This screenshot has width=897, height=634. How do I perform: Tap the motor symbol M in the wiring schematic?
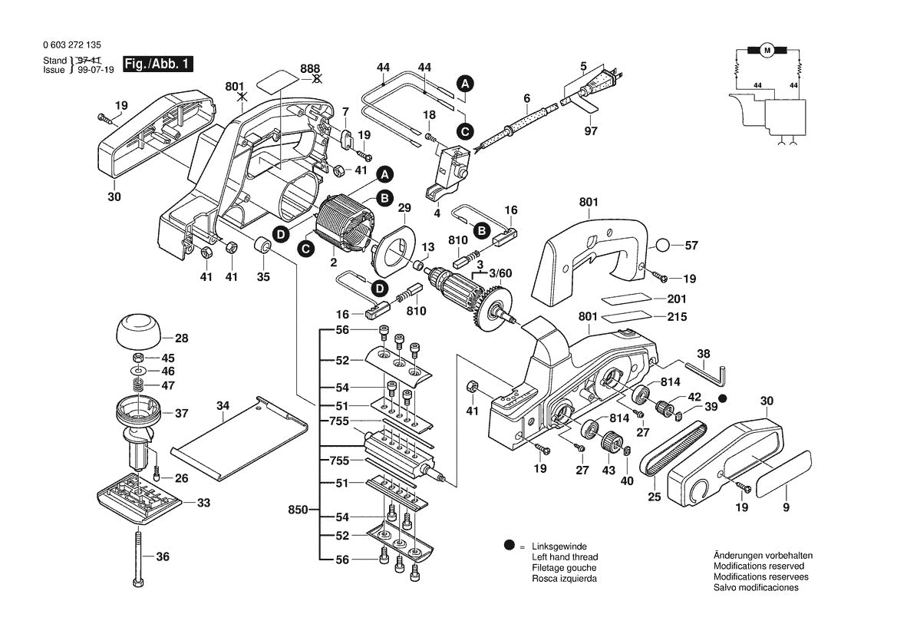pyautogui.click(x=767, y=51)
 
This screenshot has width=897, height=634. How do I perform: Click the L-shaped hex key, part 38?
pyautogui.click(x=711, y=371)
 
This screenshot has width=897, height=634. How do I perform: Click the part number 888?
pyautogui.click(x=311, y=68)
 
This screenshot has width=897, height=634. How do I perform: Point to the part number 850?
pyautogui.click(x=298, y=510)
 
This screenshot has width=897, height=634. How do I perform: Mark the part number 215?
pyautogui.click(x=678, y=317)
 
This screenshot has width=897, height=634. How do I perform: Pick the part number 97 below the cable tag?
pyautogui.click(x=590, y=131)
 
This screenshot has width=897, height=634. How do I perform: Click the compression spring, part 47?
pyautogui.click(x=140, y=385)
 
